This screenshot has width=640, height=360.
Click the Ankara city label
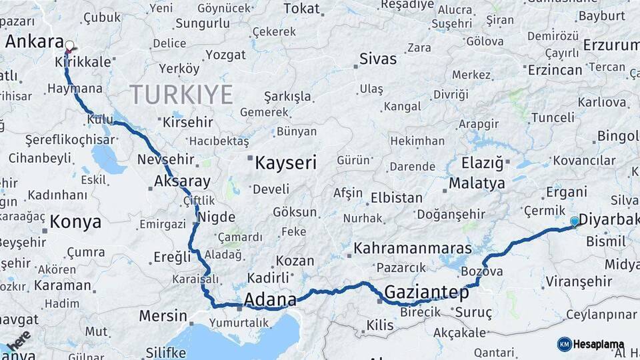click(34, 41)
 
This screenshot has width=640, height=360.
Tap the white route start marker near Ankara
click(69, 46)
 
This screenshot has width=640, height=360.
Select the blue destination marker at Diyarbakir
click(575, 221)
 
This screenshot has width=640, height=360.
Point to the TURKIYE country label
click(181, 94)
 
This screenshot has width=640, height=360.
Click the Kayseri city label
click(285, 163)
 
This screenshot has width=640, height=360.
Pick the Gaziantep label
click(427, 292)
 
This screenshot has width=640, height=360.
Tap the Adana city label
click(270, 300)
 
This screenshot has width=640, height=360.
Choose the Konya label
click(75, 222)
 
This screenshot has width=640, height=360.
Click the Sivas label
click(378, 58)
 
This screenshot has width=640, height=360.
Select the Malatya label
click(477, 183)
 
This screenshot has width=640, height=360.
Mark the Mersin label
click(163, 315)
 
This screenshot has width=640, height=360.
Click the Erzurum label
click(611, 45)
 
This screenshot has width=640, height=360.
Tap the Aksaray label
click(182, 181)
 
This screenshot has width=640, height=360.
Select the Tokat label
click(301, 9)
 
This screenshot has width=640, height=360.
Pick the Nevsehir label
click(165, 159)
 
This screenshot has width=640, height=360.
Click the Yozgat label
click(225, 55)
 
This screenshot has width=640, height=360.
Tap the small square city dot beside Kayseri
click(250, 159)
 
